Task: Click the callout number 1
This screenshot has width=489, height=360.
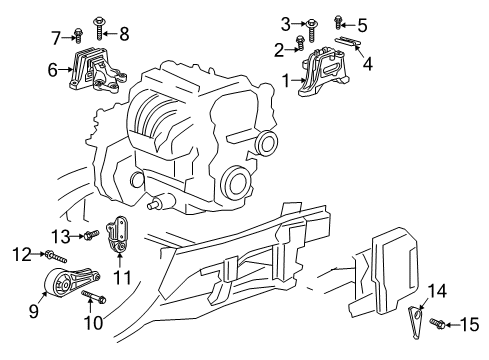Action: point(286,81)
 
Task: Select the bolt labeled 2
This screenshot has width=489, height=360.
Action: point(300,43)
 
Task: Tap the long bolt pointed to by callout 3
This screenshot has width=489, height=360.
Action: point(312,30)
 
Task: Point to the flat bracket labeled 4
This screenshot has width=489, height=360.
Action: point(348,41)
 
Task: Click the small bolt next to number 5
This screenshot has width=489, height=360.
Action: point(338,22)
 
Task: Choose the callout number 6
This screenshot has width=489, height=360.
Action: point(53,70)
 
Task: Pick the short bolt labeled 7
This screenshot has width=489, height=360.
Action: point(78,35)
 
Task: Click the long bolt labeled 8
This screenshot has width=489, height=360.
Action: point(100,29)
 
